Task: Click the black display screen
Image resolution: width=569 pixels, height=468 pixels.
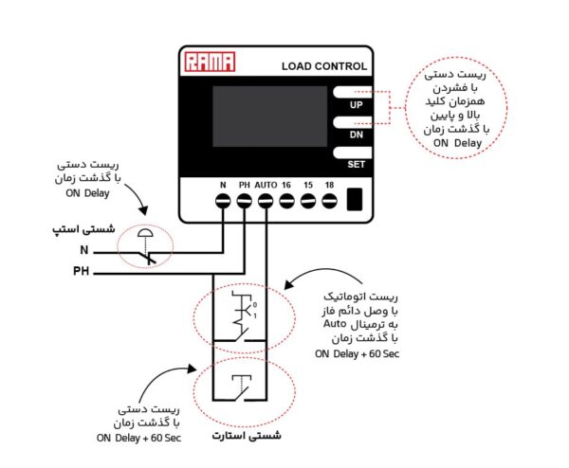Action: (x=264, y=117)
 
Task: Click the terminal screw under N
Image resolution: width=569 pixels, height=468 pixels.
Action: (x=224, y=201)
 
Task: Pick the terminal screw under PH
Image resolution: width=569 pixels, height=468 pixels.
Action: (x=245, y=201)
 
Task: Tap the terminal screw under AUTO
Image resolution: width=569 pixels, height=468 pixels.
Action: (x=266, y=201)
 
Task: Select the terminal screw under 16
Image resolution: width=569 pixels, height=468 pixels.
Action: (x=286, y=201)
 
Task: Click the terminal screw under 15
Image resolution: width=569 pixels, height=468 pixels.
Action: (x=307, y=201)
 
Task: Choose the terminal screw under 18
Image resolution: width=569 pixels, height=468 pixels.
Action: (x=328, y=201)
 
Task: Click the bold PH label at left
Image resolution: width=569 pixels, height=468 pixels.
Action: (x=81, y=273)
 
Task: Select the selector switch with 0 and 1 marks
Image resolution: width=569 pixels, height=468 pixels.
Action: (x=243, y=316)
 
